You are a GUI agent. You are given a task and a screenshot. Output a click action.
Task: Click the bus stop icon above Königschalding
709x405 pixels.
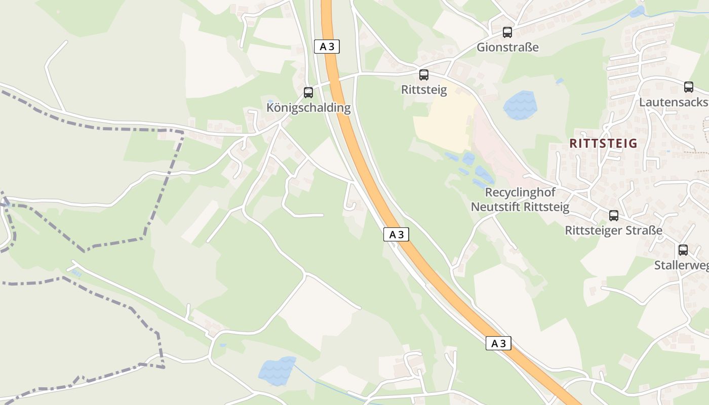tap(308, 93)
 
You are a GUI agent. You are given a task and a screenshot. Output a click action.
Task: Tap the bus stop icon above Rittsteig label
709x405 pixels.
tap(424, 75)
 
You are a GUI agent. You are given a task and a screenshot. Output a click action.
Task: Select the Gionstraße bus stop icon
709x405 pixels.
tap(507, 32)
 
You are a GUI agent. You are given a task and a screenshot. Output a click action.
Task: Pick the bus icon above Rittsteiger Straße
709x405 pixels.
tap(614, 216)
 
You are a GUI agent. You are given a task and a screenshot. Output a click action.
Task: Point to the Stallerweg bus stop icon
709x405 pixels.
tap(683, 250)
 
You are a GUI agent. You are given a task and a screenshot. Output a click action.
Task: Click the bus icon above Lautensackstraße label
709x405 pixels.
tap(689, 87)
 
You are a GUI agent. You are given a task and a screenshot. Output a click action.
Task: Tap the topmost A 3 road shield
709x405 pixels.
tap(327, 47)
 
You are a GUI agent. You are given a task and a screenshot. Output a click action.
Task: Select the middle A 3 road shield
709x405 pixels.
tap(396, 234)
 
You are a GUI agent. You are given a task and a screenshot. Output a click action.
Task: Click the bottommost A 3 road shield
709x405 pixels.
tap(498, 343)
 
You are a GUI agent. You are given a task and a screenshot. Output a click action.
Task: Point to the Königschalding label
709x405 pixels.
tap(308, 108)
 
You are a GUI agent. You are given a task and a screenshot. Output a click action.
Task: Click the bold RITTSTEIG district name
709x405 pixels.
tap(603, 143)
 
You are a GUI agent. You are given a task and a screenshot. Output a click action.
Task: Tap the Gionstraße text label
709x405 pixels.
tap(507, 48)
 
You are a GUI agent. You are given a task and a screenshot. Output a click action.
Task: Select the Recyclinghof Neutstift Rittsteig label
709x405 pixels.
tap(520, 199)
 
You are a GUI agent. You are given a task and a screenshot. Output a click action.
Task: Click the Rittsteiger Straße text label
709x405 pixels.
tap(613, 231)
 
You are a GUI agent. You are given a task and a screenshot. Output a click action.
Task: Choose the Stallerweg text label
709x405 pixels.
tap(681, 265)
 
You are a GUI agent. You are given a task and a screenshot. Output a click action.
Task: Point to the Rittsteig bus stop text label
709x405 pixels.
tap(424, 90)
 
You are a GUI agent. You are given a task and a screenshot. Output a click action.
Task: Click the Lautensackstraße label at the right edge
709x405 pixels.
tap(674, 102)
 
